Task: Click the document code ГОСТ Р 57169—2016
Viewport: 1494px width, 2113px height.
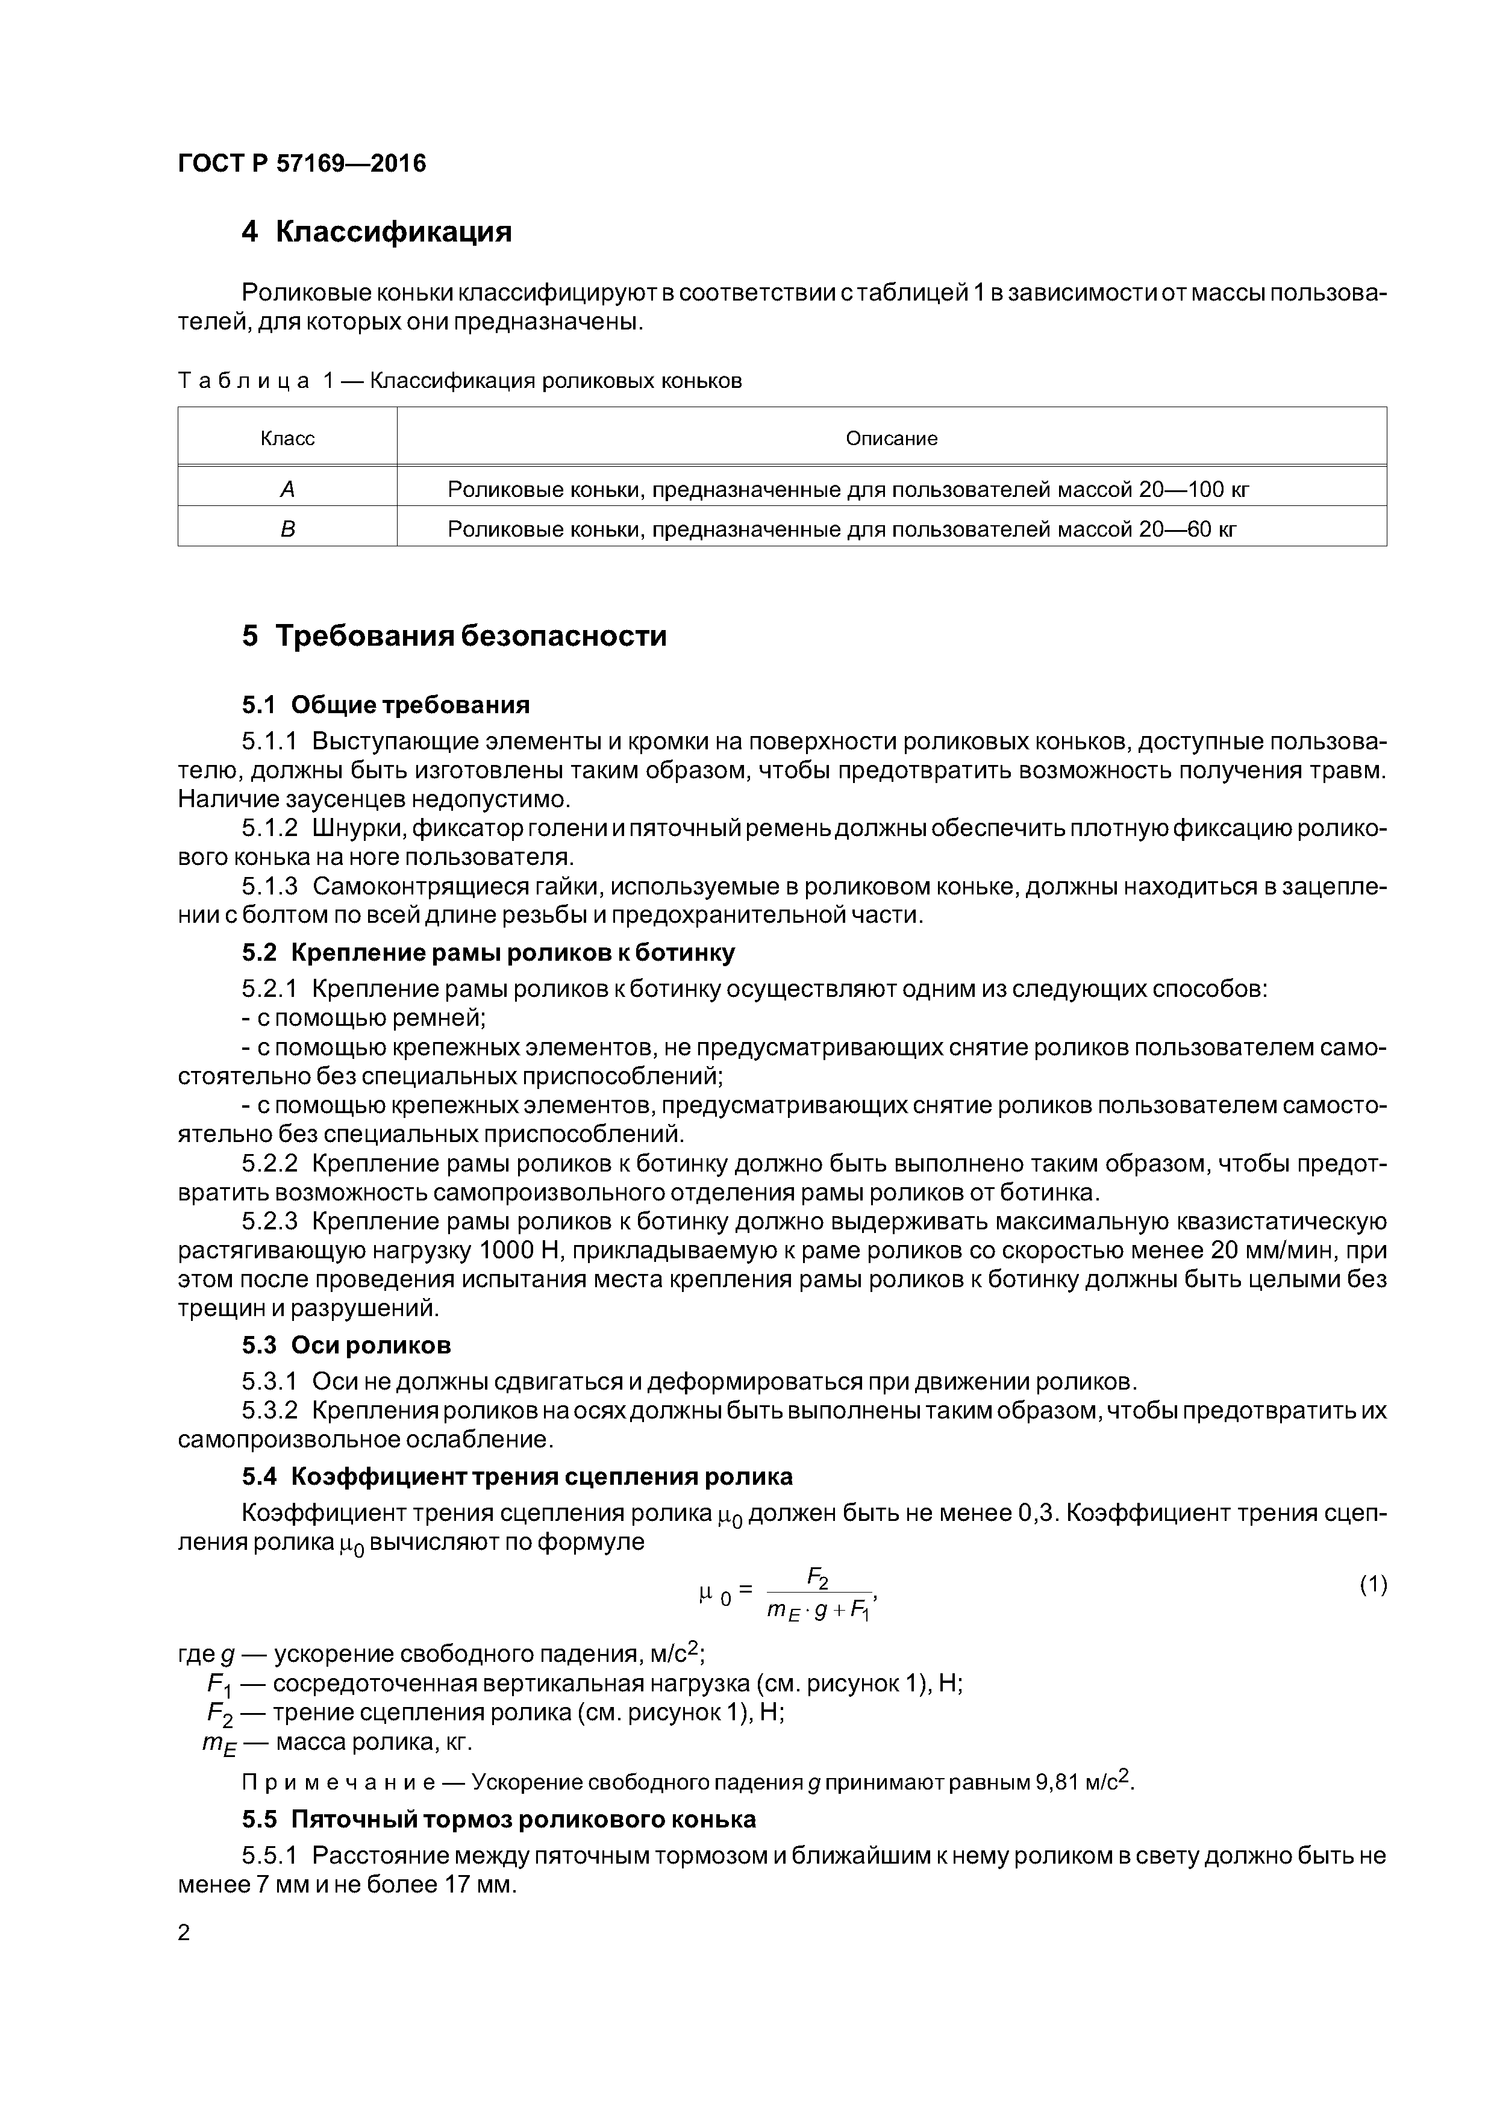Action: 302,164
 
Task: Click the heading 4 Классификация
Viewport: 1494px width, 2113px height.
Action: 377,232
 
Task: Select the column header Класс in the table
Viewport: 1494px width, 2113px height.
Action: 287,439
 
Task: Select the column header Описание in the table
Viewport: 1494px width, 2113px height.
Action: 891,439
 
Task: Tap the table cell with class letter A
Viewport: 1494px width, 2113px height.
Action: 287,490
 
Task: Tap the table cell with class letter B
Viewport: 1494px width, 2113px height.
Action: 287,530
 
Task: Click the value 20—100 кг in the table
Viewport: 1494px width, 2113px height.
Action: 1194,490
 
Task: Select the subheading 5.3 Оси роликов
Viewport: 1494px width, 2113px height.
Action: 346,1346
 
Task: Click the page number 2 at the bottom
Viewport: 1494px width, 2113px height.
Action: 184,1933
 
